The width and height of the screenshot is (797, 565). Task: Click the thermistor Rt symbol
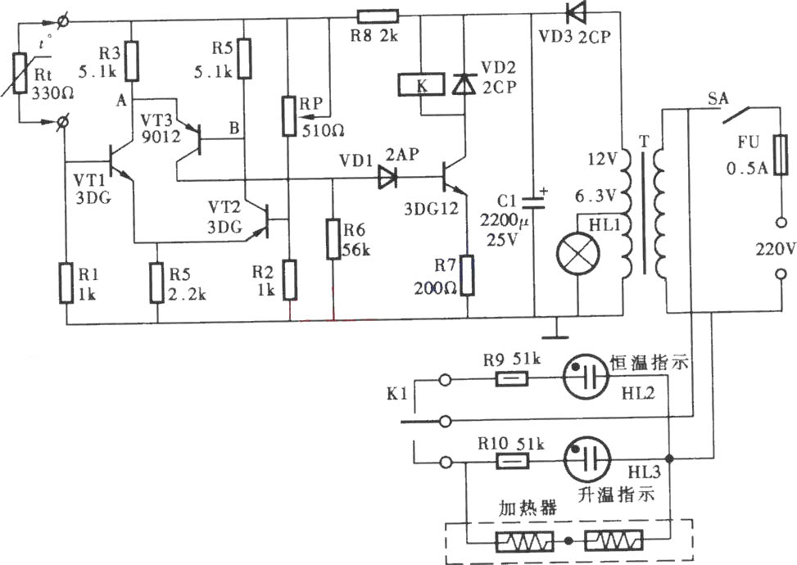20,73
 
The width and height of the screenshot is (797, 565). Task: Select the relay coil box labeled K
422,85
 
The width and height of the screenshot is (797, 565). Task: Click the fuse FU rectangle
781,155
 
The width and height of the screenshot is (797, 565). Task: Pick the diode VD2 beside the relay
464,84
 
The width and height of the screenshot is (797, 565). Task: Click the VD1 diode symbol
387,179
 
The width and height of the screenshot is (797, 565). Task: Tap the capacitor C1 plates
534,201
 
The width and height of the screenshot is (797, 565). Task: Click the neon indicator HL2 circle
586,377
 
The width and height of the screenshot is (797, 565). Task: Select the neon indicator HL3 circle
587,460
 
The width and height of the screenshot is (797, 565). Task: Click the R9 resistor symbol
511,378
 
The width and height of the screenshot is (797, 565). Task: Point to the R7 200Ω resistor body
467,276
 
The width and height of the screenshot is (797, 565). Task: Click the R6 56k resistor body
333,239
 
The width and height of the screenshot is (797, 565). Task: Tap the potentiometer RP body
288,115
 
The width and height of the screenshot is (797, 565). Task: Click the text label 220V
775,250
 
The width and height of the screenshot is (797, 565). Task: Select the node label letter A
121,101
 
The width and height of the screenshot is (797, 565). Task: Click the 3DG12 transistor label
431,208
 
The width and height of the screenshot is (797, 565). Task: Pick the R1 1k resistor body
66,283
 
